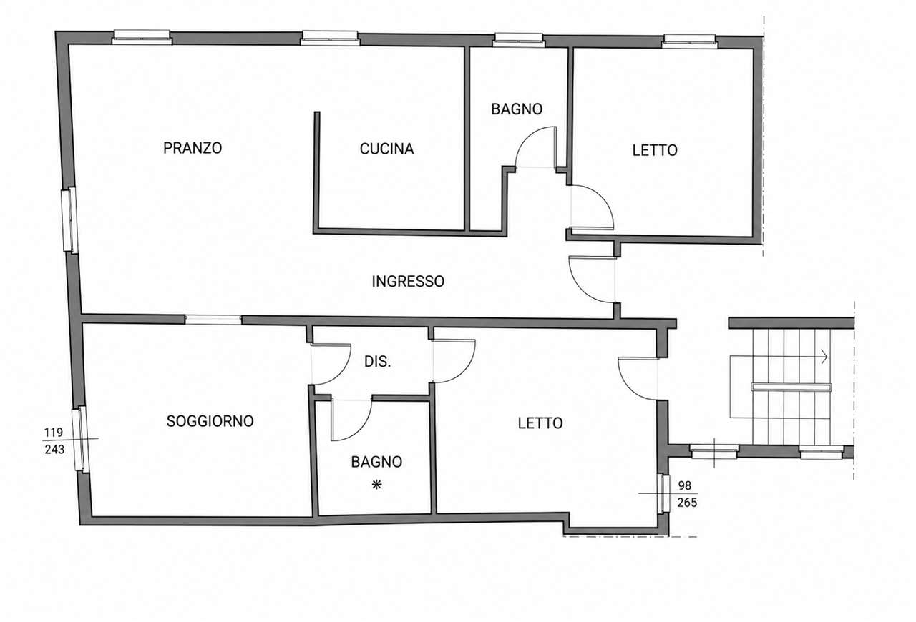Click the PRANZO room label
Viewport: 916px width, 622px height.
pyautogui.click(x=193, y=147)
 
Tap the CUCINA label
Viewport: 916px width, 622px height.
pyautogui.click(x=386, y=149)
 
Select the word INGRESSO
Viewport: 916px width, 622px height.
pyautogui.click(x=408, y=282)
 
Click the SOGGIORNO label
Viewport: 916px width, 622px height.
pyautogui.click(x=210, y=421)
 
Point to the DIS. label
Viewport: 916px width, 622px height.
pyautogui.click(x=377, y=361)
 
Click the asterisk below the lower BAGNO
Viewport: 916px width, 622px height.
pyautogui.click(x=376, y=485)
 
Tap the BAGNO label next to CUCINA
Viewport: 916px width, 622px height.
pyautogui.click(x=517, y=109)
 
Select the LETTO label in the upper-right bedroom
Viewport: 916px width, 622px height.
pyautogui.click(x=655, y=150)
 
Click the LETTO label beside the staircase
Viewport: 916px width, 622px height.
pyautogui.click(x=540, y=423)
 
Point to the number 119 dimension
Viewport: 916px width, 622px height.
pyautogui.click(x=54, y=432)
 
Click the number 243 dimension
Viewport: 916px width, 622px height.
pyautogui.click(x=54, y=450)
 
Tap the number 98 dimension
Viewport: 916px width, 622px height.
pyautogui.click(x=685, y=485)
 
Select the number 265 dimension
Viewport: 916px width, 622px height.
pyautogui.click(x=687, y=503)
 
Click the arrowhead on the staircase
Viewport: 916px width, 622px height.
pyautogui.click(x=824, y=357)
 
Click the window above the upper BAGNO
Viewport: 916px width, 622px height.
pyautogui.click(x=519, y=40)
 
